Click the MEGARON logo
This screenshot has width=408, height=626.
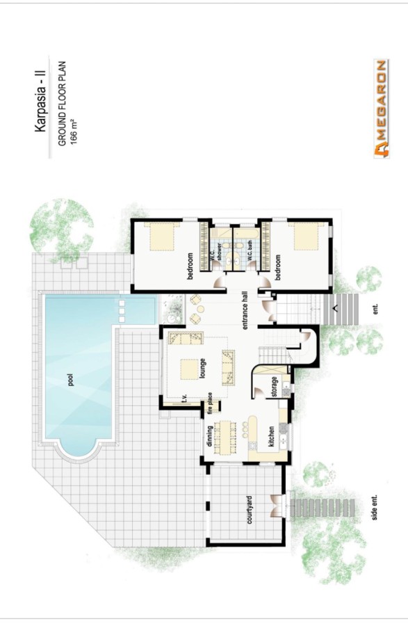(382, 109)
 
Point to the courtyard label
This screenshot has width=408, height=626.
(250, 510)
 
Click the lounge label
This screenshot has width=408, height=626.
(202, 368)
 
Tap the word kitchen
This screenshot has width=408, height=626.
(271, 437)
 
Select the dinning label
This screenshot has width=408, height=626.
(209, 436)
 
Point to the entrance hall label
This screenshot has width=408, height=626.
(245, 310)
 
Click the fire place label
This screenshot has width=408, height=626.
(210, 403)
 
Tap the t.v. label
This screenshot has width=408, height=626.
(185, 399)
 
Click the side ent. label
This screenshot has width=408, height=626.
(374, 508)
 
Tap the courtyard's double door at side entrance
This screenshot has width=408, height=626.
(277, 506)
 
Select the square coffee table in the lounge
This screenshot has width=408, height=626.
(189, 370)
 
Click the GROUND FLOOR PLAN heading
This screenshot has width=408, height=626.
(62, 104)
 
